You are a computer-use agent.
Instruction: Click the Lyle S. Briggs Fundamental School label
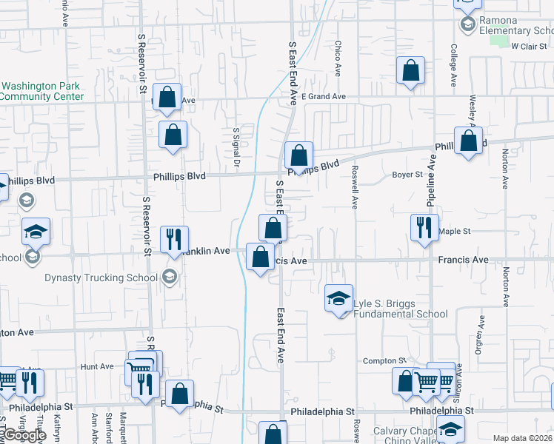(401, 309)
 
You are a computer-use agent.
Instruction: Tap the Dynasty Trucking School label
(101, 277)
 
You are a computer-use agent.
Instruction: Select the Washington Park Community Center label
(40, 91)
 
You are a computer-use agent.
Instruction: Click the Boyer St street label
(407, 175)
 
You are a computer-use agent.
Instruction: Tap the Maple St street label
(455, 232)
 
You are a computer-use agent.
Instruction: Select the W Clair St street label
(528, 46)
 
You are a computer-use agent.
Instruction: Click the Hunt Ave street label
(97, 366)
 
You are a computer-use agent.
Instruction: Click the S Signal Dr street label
(236, 147)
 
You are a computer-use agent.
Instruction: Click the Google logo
(24, 435)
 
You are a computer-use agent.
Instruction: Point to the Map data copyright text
(523, 438)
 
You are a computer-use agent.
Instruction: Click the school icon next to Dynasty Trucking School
(169, 277)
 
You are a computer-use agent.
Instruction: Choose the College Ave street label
(453, 60)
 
